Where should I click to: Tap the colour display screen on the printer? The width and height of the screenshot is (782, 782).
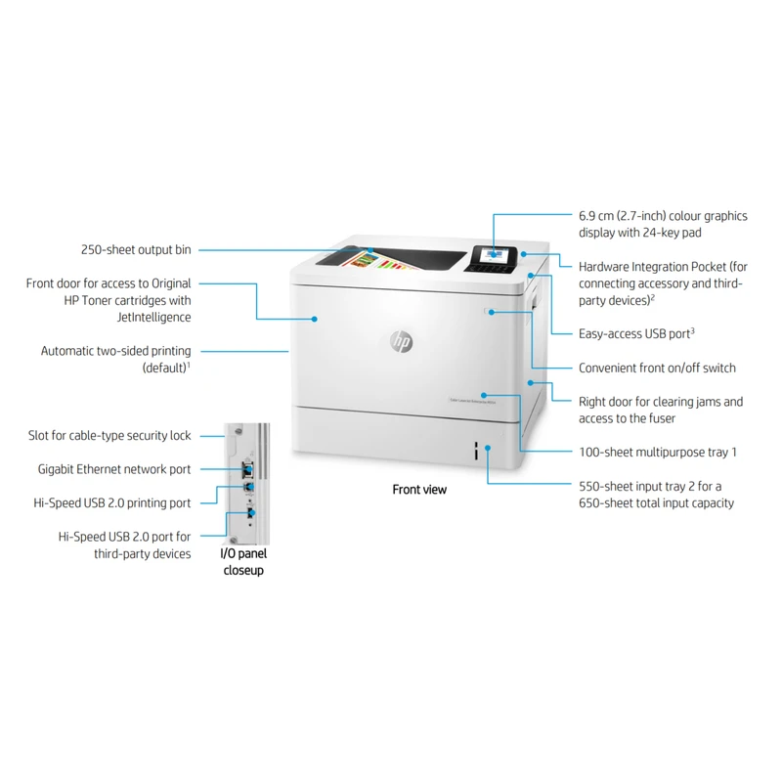[491, 253]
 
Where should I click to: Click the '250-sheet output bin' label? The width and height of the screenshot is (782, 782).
[136, 249]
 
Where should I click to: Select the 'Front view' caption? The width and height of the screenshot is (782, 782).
[419, 489]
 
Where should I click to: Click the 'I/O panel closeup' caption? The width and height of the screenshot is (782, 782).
[243, 562]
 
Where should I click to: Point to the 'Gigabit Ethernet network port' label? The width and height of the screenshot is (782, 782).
[114, 469]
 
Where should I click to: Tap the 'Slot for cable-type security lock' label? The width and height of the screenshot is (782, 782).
[109, 436]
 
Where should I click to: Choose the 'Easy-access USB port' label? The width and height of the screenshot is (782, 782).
[635, 333]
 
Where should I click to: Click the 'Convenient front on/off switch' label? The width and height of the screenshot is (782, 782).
[657, 369]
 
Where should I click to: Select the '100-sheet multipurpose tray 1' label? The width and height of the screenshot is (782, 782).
[657, 453]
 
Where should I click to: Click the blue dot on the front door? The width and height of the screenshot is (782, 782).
[314, 318]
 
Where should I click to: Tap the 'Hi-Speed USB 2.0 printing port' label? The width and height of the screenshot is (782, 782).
[112, 502]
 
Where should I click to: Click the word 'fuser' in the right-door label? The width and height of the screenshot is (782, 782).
[660, 418]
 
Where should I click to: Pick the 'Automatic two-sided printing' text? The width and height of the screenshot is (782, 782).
[116, 350]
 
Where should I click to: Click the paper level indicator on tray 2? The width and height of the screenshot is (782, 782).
[476, 451]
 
